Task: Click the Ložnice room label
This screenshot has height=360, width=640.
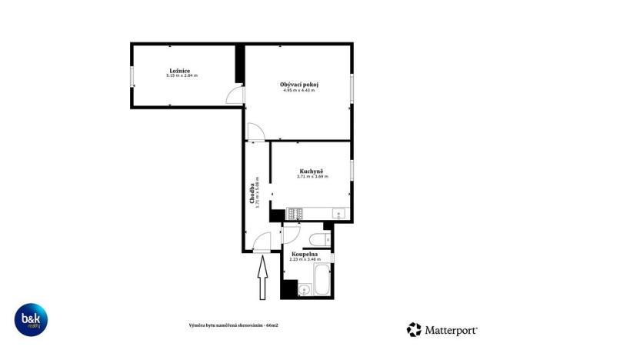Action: [182, 71]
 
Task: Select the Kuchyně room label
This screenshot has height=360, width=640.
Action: [312, 171]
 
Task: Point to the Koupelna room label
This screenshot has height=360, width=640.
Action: [305, 254]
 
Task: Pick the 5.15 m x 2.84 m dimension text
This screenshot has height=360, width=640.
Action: [182, 75]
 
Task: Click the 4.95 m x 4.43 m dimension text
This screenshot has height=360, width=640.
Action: [299, 90]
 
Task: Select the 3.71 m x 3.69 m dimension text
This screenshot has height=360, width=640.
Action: [312, 177]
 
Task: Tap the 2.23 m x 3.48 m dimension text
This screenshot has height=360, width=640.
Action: [305, 259]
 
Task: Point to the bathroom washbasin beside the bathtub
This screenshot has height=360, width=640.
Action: [304, 290]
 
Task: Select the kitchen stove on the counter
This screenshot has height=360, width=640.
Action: [295, 213]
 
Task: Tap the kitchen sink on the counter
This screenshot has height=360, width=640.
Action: [338, 213]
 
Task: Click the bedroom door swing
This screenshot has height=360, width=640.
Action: [235, 95]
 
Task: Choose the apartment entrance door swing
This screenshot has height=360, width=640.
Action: [263, 242]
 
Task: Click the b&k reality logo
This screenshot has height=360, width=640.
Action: [32, 320]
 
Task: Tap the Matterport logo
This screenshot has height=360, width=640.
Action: [442, 330]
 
